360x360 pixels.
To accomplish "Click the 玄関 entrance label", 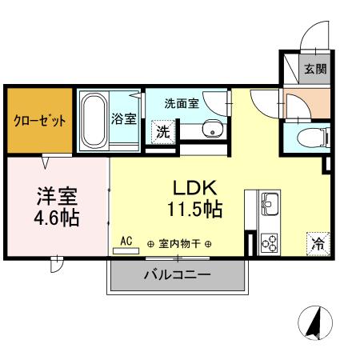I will (x=314, y=69).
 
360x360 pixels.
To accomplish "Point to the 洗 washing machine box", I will (x=162, y=132).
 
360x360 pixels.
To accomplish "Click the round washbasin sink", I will (x=211, y=130).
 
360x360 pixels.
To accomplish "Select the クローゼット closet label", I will (x=39, y=122).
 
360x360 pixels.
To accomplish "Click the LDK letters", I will (x=196, y=187).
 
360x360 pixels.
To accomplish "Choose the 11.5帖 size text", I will (x=195, y=210).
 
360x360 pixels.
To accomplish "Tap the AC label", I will (x=126, y=239).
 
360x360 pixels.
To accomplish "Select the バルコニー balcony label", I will (x=177, y=275).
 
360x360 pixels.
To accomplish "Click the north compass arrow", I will (x=315, y=322).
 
